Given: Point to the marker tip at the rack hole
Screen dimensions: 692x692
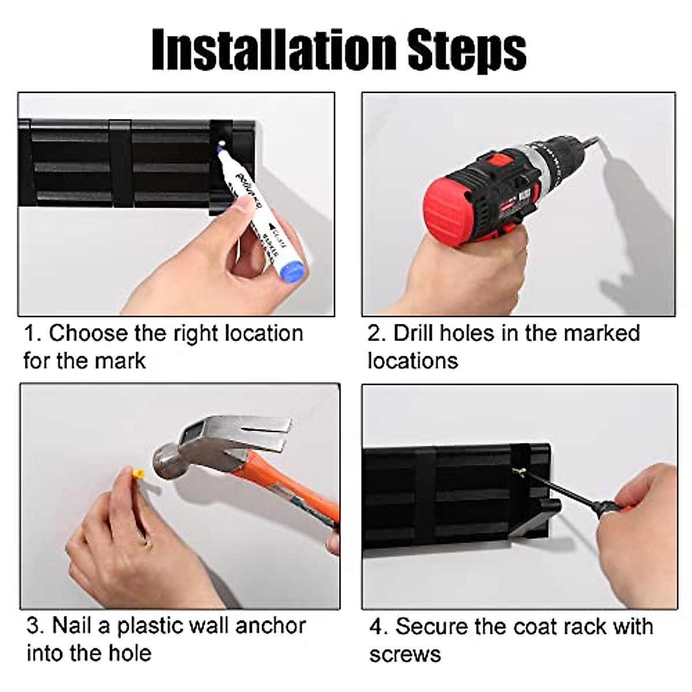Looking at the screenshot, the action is [x=220, y=146].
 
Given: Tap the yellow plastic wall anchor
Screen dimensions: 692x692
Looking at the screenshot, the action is [x=138, y=475].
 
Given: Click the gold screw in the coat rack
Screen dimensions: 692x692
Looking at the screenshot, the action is [x=520, y=473].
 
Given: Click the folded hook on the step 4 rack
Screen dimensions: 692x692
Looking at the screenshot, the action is [x=535, y=525].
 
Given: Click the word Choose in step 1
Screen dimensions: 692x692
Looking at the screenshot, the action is [x=88, y=333].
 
